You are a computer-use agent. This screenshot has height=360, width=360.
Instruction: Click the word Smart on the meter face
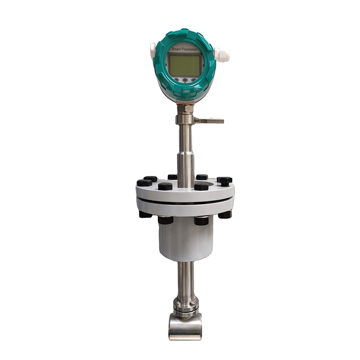click(x=176, y=49)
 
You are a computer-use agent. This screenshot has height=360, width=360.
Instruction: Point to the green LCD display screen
click(x=184, y=66)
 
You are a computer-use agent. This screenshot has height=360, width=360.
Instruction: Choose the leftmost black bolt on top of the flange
click(x=144, y=183)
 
